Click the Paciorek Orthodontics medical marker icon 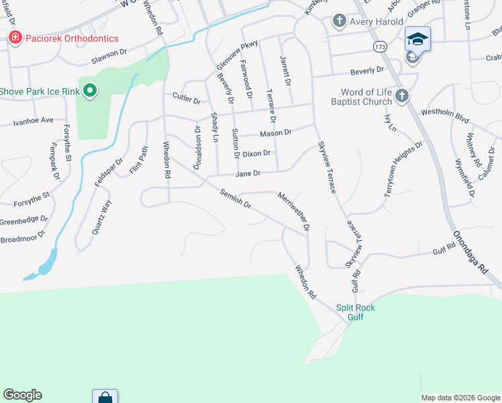tap(14, 38)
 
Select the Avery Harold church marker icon tap(340, 21)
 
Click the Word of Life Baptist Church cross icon tap(401, 95)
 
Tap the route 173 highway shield tap(381, 46)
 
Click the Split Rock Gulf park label tap(356, 312)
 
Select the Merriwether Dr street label tap(294, 210)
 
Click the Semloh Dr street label tap(236, 199)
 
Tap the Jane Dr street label tap(247, 173)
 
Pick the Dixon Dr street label tap(256, 154)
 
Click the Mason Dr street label tap(276, 133)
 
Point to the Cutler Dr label tap(187, 99)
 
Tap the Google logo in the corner tap(23, 395)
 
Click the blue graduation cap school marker tap(417, 39)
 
